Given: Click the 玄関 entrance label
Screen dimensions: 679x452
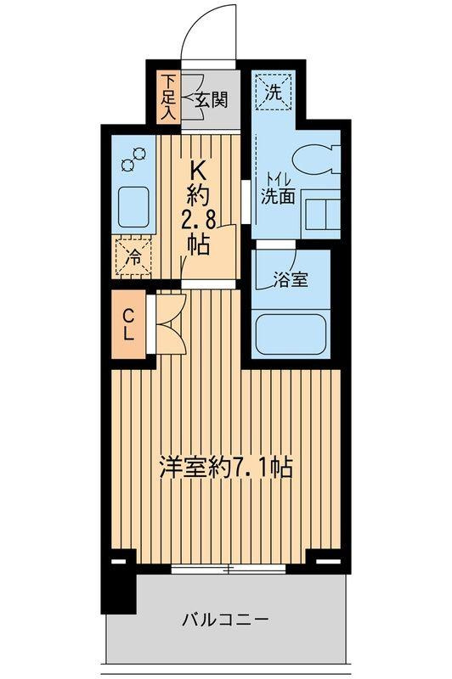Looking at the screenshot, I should click(213, 99).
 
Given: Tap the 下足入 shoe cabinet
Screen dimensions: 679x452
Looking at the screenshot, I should click(169, 98).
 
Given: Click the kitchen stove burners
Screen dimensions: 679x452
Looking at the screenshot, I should click(135, 160).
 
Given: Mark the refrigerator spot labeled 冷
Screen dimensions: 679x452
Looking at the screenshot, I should click(134, 256).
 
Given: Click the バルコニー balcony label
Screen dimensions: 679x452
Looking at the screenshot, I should click(225, 620).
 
